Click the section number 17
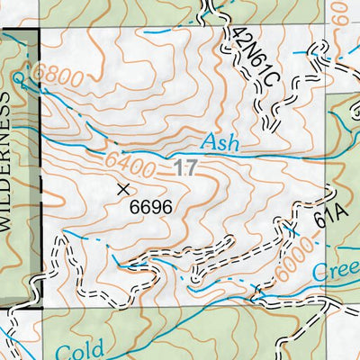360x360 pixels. click(x=184, y=166)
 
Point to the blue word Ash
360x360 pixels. click(x=220, y=141)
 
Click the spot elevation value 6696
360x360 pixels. click(x=150, y=206)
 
